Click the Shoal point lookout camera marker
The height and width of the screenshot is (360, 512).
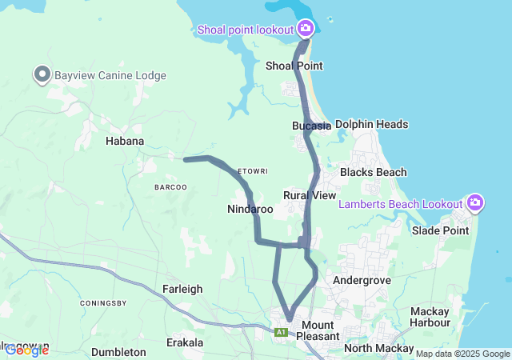(x=305, y=30)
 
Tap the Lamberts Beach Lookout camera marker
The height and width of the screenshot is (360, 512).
(x=475, y=203)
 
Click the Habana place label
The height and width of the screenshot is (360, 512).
(x=125, y=141)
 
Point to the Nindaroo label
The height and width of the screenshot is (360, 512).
(x=250, y=210)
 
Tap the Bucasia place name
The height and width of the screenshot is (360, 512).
(x=311, y=126)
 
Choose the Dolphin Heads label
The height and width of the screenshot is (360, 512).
(x=371, y=124)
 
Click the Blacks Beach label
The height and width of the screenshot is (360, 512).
(x=373, y=172)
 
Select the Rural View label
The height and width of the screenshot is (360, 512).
(x=310, y=195)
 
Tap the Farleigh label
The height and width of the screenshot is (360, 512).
(x=182, y=289)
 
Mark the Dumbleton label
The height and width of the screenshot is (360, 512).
(x=118, y=352)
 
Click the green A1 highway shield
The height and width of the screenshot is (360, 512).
(x=281, y=332)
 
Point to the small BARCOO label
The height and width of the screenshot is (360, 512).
(x=170, y=187)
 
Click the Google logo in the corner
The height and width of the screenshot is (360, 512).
(x=26, y=350)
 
